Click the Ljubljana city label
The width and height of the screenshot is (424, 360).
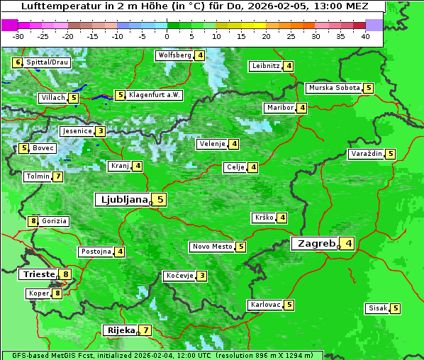(122, 200)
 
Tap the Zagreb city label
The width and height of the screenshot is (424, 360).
(316, 244)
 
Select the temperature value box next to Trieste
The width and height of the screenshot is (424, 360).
(66, 274)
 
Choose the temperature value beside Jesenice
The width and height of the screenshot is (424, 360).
(101, 131)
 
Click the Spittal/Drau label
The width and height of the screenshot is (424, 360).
(48, 62)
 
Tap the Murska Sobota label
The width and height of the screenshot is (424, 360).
(333, 89)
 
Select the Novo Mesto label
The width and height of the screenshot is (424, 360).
(212, 247)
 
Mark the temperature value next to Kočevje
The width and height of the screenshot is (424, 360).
(202, 276)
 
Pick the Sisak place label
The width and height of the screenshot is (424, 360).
(377, 308)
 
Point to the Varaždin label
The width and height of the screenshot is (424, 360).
(367, 154)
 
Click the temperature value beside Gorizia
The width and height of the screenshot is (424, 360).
(33, 221)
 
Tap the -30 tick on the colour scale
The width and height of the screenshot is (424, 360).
(18, 36)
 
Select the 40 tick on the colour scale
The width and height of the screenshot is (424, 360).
(365, 36)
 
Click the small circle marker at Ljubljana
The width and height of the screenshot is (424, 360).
(151, 203)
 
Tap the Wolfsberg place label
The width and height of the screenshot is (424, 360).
(174, 55)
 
